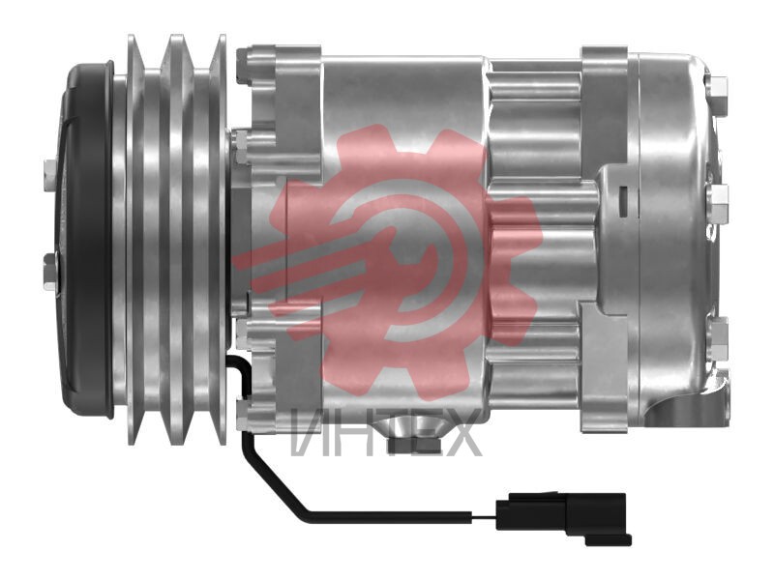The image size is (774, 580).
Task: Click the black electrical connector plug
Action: point(563,517)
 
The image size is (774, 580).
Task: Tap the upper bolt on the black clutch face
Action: point(50,175)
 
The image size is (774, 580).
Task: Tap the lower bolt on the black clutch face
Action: point(51,272)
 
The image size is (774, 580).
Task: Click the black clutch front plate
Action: point(85,240)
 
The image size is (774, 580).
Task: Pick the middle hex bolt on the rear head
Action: point(720,203)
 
